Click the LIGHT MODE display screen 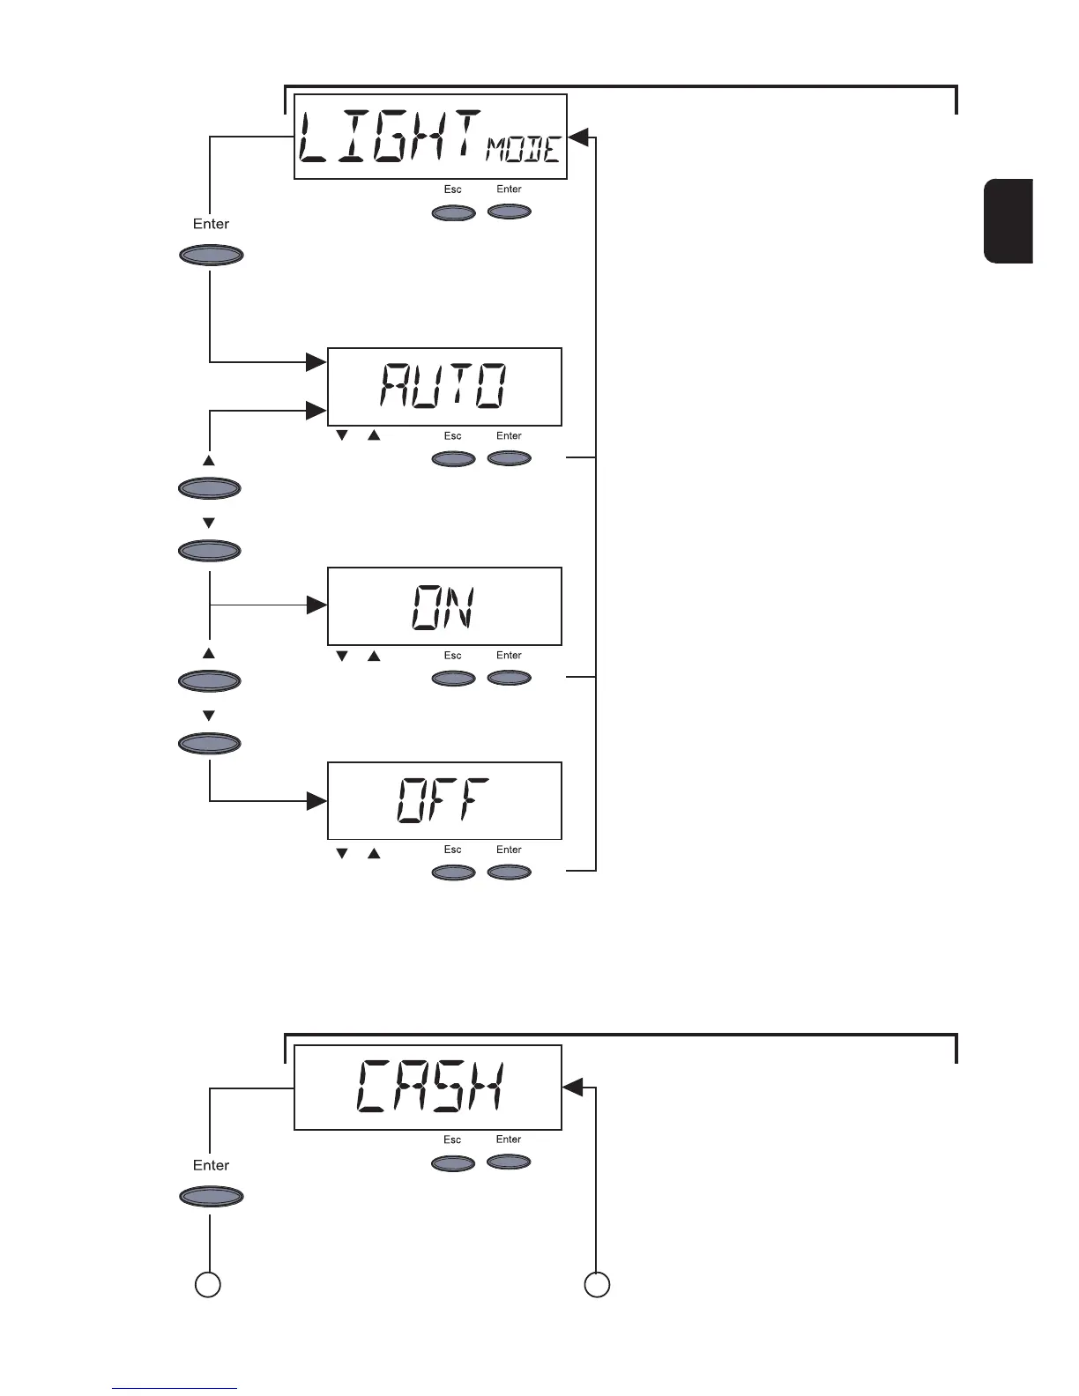(429, 137)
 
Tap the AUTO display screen (444, 387)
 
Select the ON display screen (444, 606)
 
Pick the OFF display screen (444, 800)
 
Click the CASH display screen (428, 1087)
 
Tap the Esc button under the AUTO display (453, 458)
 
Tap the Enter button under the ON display (509, 678)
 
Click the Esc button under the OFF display (453, 872)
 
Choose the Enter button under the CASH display (509, 1162)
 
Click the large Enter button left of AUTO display (211, 256)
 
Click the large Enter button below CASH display (211, 1197)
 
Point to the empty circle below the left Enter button (207, 1284)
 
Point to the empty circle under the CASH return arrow (597, 1284)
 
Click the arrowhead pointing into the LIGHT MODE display (579, 137)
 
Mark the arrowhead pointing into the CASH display (573, 1088)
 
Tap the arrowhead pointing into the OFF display (316, 801)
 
